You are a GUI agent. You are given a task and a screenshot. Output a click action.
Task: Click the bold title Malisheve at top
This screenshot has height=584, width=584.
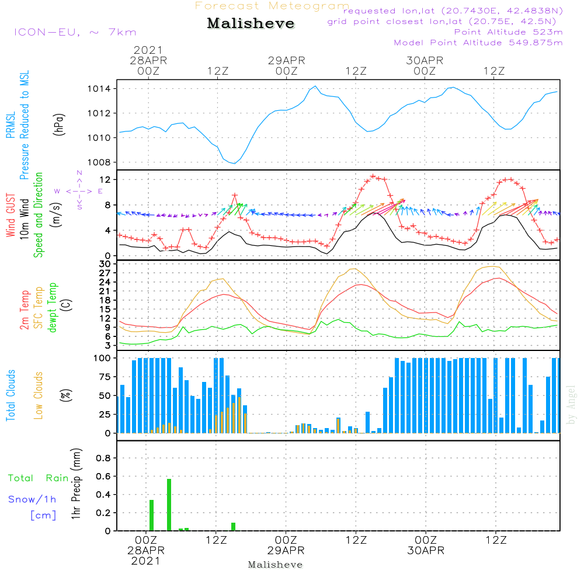pos(251,24)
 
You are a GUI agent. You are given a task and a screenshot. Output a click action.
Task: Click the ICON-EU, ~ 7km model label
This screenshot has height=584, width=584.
pos(75,32)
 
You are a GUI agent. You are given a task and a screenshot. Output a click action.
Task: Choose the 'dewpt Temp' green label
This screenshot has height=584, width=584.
pos(53,308)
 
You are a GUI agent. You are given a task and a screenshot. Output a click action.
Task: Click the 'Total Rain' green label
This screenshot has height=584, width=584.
pos(39,478)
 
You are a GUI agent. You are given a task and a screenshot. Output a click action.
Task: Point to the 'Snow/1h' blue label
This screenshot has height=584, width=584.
pos(32,500)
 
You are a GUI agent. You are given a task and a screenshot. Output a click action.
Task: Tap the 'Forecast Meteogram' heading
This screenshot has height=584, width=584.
pos(272,6)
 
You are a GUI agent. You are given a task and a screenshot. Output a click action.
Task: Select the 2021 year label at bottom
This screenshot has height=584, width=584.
pos(145,561)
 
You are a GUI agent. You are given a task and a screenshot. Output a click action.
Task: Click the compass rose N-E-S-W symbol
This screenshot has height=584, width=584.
pos(79,191)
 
